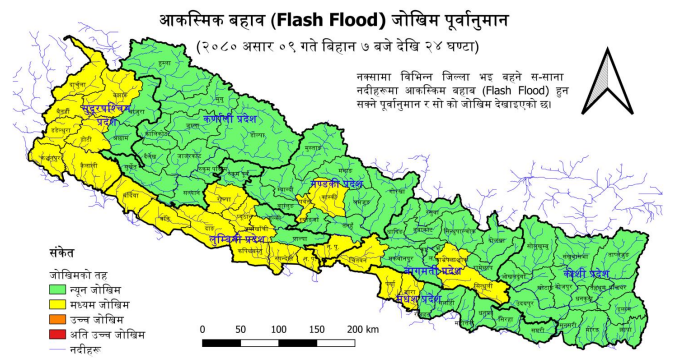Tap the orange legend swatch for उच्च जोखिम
[x=64, y=316]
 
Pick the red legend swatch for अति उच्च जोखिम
[x=64, y=331]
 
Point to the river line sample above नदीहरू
[x=64, y=345]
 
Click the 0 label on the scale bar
[x=203, y=328]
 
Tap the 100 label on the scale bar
[x=280, y=328]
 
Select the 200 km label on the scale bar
[x=362, y=328]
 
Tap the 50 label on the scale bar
[x=241, y=328]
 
